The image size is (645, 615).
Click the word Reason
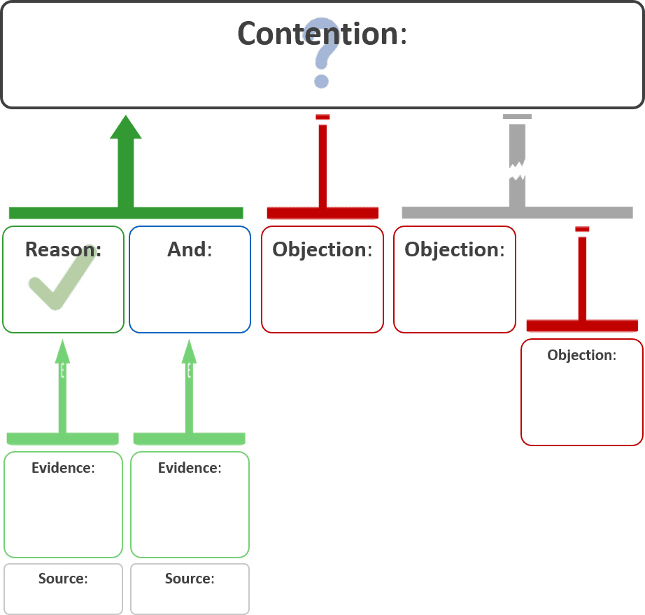click(63, 249)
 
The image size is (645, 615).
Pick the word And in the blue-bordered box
click(189, 249)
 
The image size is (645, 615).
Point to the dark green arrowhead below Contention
click(125, 127)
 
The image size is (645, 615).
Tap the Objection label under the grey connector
click(454, 249)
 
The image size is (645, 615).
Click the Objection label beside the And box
click(322, 249)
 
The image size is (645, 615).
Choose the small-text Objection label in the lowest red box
click(581, 355)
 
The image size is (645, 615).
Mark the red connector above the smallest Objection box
click(582, 280)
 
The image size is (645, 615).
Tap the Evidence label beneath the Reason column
click(63, 468)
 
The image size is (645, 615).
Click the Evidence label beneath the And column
click(190, 468)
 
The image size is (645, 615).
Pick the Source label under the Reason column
click(63, 579)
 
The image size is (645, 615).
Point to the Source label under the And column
click(190, 579)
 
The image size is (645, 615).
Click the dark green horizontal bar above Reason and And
click(126, 213)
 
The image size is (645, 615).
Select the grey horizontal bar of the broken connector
click(518, 213)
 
